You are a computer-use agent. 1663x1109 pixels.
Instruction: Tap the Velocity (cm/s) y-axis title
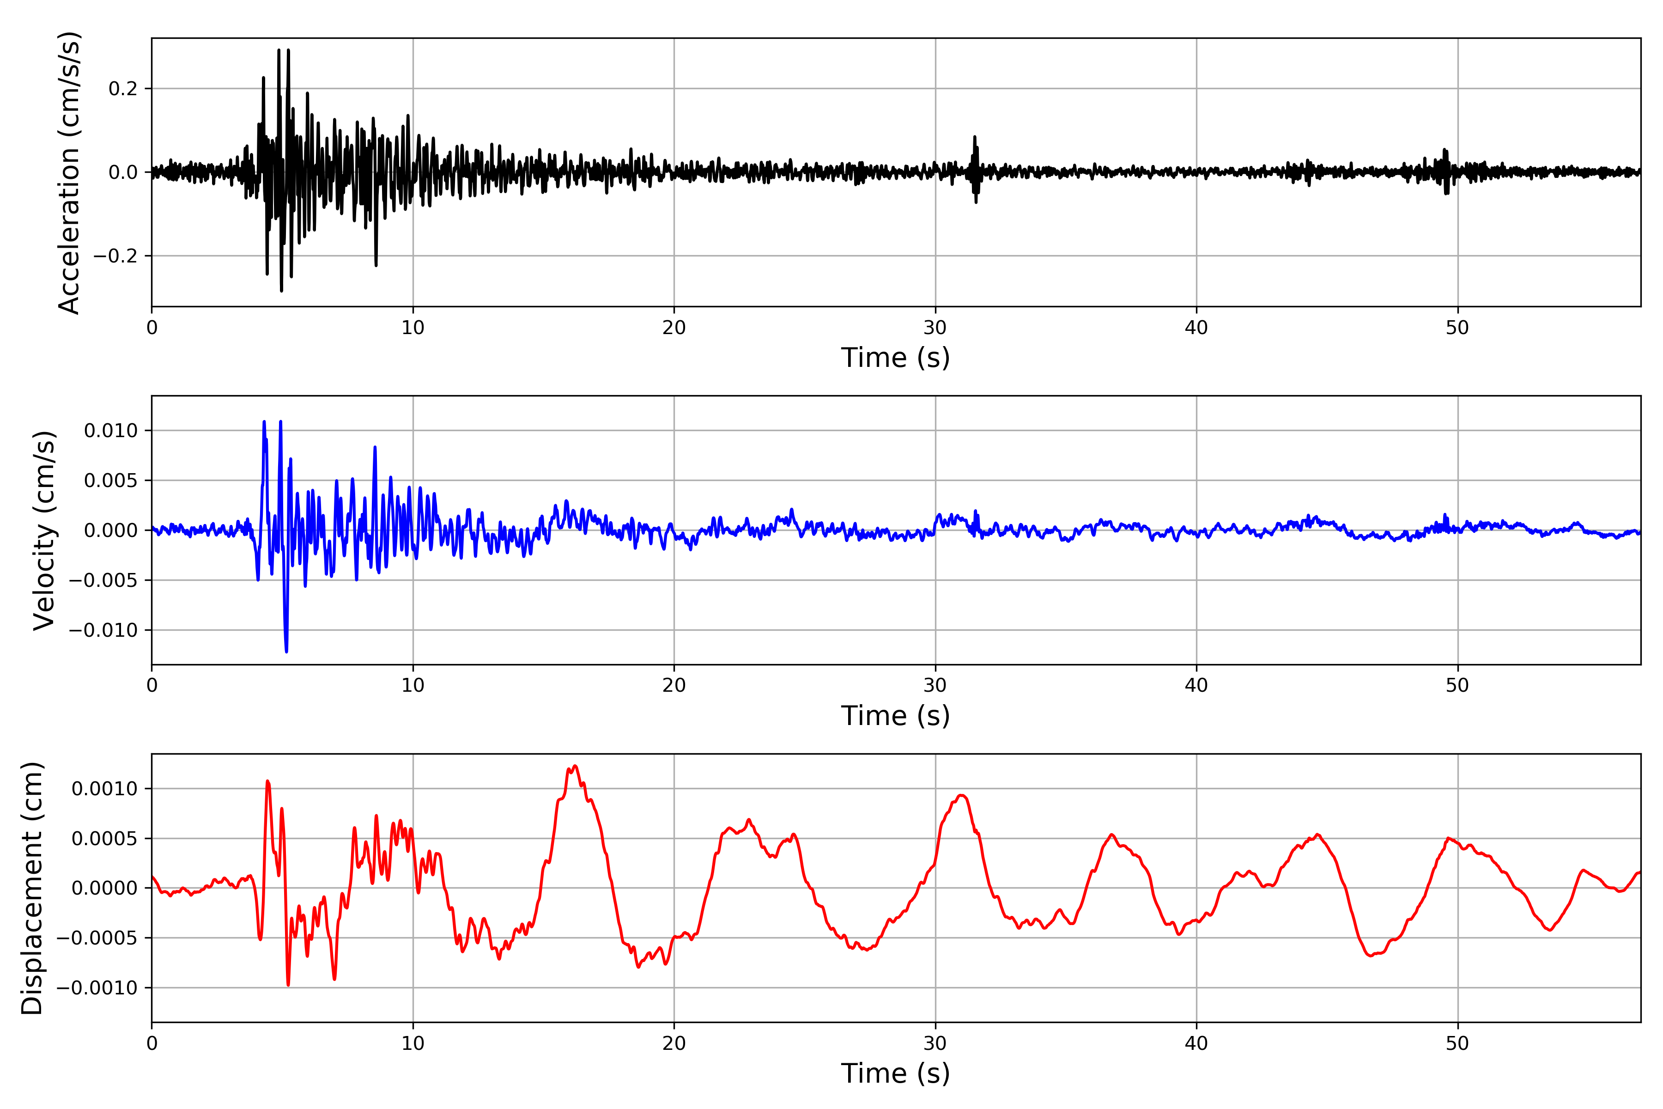(44, 530)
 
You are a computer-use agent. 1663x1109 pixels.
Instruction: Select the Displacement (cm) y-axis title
(32, 888)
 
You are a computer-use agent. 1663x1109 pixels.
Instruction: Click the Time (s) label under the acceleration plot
(895, 358)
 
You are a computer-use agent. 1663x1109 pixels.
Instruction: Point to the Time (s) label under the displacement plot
(895, 1073)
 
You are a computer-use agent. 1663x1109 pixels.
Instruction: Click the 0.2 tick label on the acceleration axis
(123, 89)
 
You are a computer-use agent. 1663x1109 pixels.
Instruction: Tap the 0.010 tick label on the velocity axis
(110, 431)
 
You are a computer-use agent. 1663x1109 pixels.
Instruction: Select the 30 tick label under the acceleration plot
(935, 328)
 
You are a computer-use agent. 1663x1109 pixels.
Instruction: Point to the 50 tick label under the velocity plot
(1457, 685)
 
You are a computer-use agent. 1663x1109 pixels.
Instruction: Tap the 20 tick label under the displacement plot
(674, 1043)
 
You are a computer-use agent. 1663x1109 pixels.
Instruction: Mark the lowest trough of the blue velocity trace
(286, 651)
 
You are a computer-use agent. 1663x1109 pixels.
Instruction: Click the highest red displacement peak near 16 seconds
(575, 766)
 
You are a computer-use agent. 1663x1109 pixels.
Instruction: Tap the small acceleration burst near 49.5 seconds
(1446, 170)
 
